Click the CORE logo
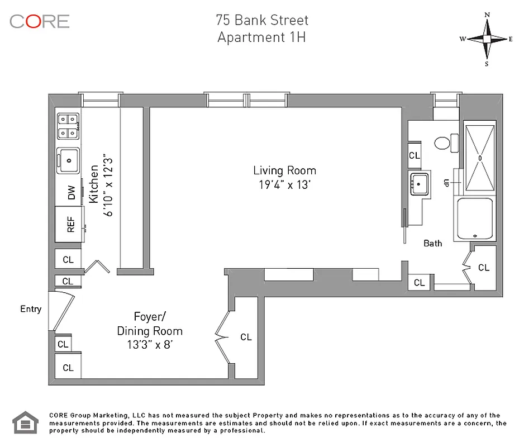(x=39, y=21)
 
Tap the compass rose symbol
(x=487, y=39)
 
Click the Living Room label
(x=284, y=171)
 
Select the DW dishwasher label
(x=71, y=194)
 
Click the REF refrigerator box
(x=70, y=223)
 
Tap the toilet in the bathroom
(x=443, y=143)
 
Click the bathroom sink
(x=418, y=183)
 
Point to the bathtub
(x=475, y=218)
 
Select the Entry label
(x=31, y=309)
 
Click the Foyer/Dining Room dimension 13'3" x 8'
(x=149, y=345)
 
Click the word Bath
(x=432, y=243)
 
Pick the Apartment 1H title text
(x=261, y=38)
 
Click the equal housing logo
(x=24, y=422)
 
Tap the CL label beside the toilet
(x=414, y=155)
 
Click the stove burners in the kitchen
(x=68, y=126)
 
